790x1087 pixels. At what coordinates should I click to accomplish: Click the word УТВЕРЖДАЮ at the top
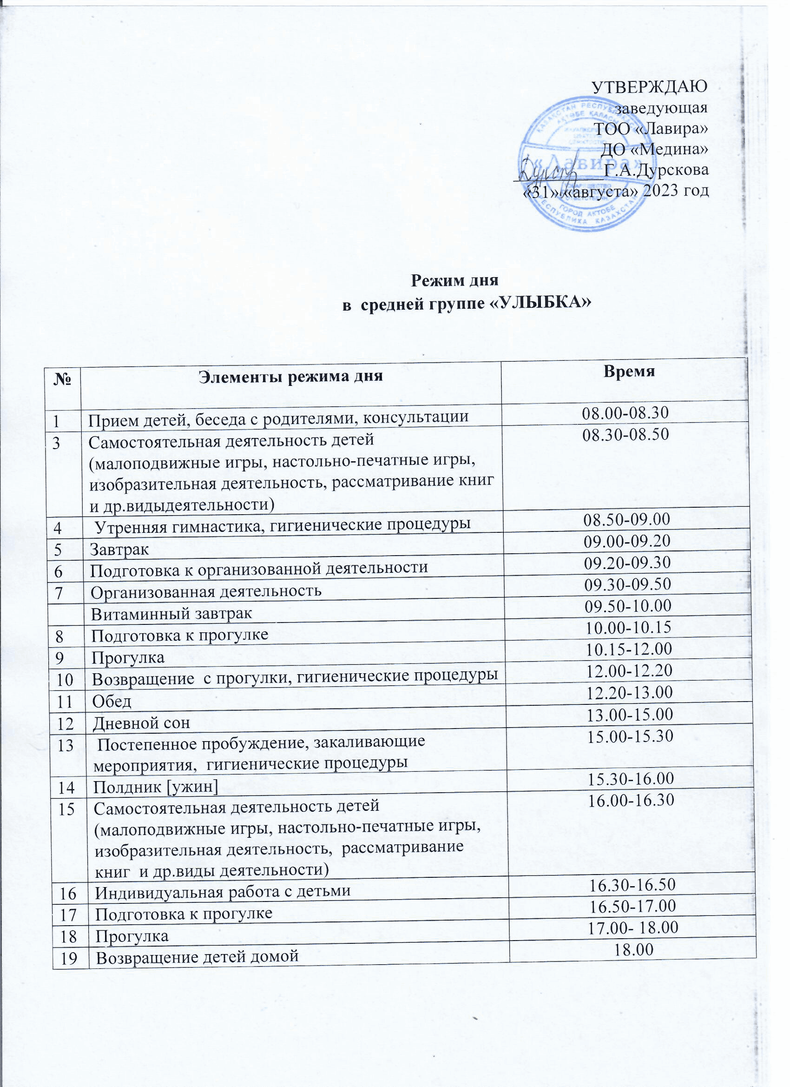coord(649,87)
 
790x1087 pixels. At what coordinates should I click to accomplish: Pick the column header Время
coord(629,371)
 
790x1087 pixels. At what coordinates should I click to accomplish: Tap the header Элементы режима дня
coord(291,376)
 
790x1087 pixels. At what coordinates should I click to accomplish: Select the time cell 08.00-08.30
coord(625,413)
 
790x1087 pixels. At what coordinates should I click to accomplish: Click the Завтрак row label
coord(120,549)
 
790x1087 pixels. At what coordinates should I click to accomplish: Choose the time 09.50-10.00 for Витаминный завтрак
coord(628,606)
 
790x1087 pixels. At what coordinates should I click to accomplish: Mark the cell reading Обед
coord(112,702)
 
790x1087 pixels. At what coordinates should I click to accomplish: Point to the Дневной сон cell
coord(141,723)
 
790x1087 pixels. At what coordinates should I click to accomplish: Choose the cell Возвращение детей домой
coord(197,957)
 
